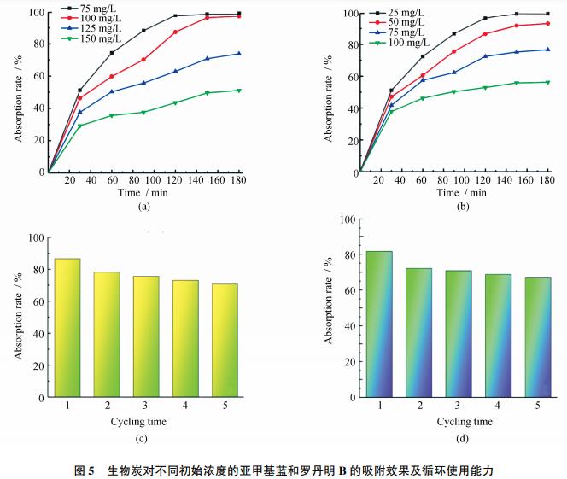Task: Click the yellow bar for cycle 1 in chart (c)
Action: (x=68, y=328)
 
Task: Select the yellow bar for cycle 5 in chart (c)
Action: (x=225, y=341)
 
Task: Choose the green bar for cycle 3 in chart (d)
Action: (x=459, y=334)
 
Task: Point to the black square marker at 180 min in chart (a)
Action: (x=238, y=14)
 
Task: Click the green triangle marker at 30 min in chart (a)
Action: (x=79, y=126)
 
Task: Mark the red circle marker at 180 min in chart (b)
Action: (x=548, y=23)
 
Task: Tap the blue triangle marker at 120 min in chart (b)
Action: (x=485, y=56)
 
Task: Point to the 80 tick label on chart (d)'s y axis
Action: (x=347, y=255)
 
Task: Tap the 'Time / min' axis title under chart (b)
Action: (x=461, y=193)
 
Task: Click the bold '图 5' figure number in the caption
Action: (x=84, y=470)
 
